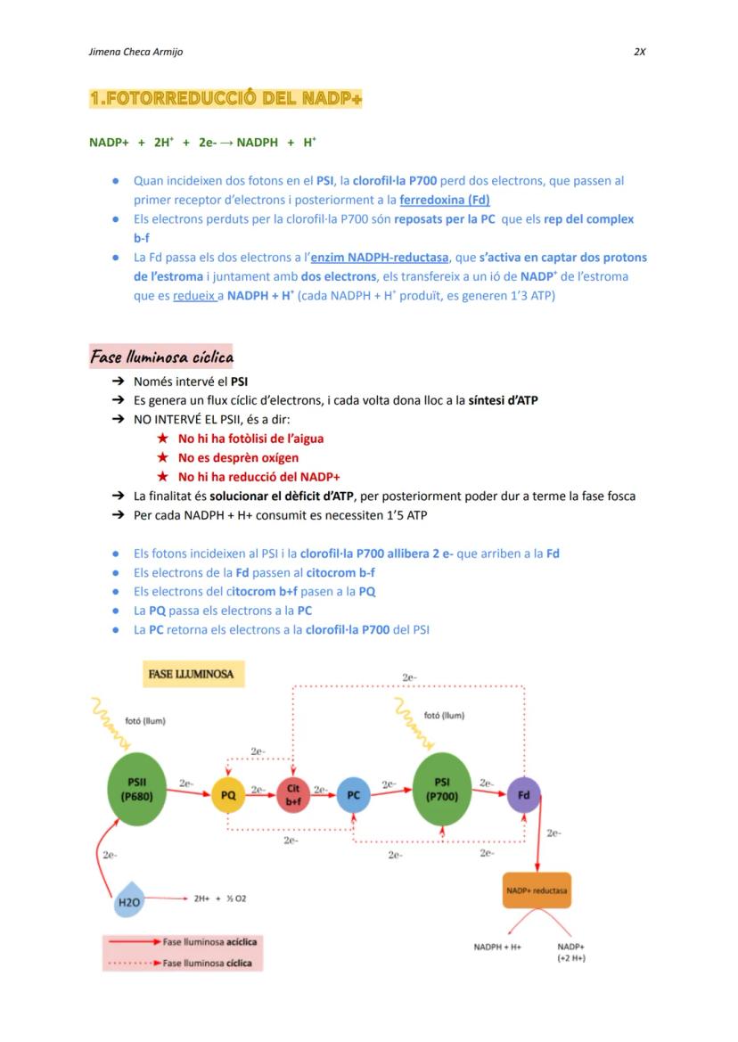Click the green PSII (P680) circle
pyautogui.click(x=137, y=791)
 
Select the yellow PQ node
pyautogui.click(x=228, y=795)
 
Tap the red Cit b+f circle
pyautogui.click(x=292, y=795)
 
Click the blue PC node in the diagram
pyautogui.click(x=353, y=795)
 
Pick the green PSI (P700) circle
pyautogui.click(x=441, y=791)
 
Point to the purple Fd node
pyautogui.click(x=523, y=793)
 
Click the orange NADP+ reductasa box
pyautogui.click(x=537, y=890)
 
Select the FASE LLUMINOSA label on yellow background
pyautogui.click(x=191, y=674)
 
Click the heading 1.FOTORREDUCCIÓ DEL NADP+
pyautogui.click(x=225, y=98)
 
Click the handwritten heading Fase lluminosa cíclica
pyautogui.click(x=161, y=357)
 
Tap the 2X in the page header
pyautogui.click(x=639, y=52)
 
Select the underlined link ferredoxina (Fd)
pyautogui.click(x=445, y=200)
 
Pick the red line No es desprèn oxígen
pyautogui.click(x=238, y=457)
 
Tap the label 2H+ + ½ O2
pyautogui.click(x=220, y=898)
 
